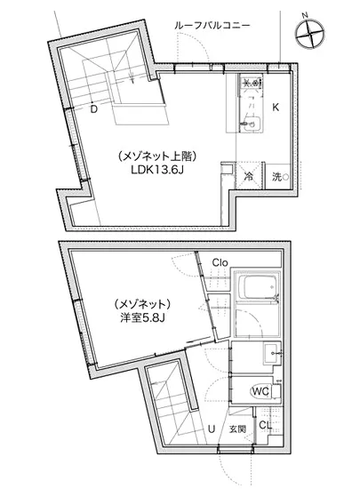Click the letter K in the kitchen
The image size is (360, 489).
tap(276, 108)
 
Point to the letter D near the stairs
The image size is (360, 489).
tap(93, 109)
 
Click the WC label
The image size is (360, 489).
tap(260, 390)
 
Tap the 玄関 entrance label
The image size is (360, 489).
tap(237, 429)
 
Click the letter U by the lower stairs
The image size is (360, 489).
tap(210, 429)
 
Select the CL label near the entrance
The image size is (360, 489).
tap(264, 426)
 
